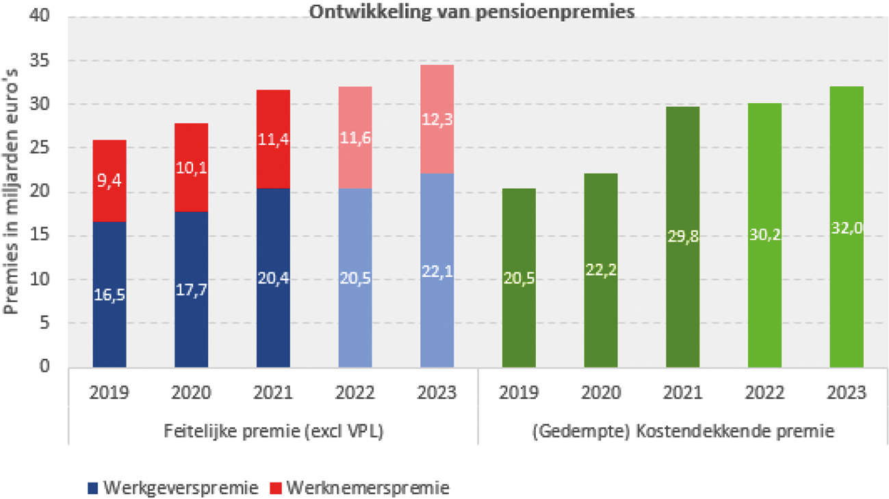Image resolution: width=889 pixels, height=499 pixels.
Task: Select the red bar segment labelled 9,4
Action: point(109,181)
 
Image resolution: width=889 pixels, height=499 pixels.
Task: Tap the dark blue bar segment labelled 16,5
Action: point(109,294)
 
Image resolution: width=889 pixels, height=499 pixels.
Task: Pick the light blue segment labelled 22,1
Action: point(437,270)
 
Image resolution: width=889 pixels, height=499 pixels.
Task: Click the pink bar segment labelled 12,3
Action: point(437,119)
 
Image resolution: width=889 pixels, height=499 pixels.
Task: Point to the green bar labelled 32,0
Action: point(847,226)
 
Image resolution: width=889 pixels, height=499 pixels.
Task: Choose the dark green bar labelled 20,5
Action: point(519,277)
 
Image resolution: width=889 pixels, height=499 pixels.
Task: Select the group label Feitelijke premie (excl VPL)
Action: point(272,432)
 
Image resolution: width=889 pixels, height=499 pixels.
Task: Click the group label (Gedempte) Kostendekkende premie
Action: point(682,432)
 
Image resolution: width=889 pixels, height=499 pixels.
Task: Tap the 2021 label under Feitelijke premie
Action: point(273,393)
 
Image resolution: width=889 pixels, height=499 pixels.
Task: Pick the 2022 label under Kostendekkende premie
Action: point(764,393)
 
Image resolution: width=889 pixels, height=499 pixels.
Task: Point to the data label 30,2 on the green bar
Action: point(764,235)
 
